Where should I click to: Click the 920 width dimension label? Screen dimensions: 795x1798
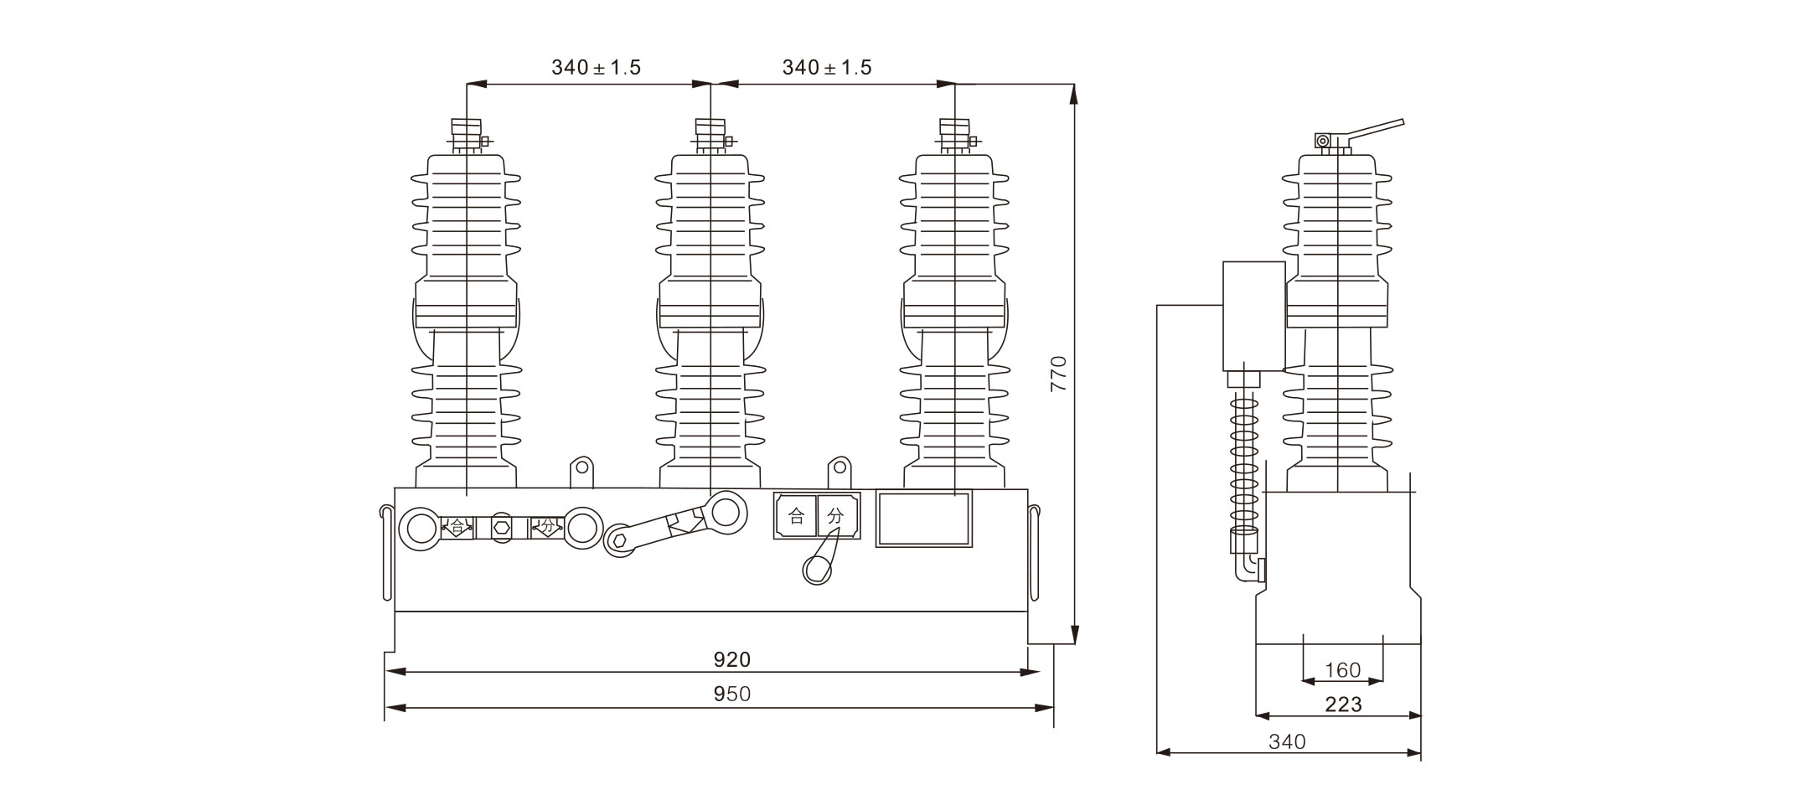tap(732, 660)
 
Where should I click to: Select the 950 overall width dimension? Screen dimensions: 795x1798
tap(732, 694)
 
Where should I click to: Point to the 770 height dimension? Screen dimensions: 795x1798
tap(1059, 374)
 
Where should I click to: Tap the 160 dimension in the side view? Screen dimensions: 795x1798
tap(1343, 670)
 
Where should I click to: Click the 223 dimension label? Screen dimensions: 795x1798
tap(1343, 705)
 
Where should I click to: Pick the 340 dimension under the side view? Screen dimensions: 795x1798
tap(1287, 741)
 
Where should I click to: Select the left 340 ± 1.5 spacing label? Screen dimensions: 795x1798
tap(596, 68)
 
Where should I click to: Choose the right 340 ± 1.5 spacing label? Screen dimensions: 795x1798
tap(827, 68)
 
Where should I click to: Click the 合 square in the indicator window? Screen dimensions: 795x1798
tap(796, 516)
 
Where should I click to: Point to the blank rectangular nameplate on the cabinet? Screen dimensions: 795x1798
tap(923, 519)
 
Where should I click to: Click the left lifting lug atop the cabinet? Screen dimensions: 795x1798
tap(581, 471)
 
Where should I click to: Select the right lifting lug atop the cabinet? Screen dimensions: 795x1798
tap(840, 471)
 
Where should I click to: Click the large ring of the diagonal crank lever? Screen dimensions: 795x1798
tap(725, 511)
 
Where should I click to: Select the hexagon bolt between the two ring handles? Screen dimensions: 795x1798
tap(502, 528)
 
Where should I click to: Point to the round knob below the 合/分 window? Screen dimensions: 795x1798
tap(818, 570)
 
